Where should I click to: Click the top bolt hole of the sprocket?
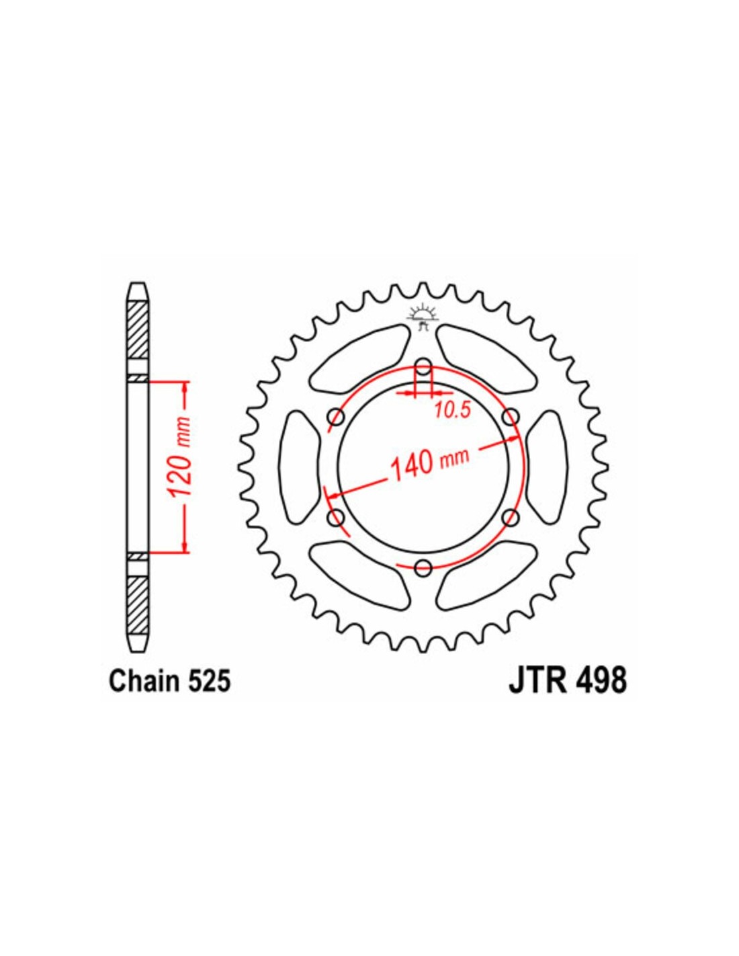tap(423, 364)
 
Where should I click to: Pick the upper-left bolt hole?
tap(336, 415)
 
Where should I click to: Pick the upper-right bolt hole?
tap(510, 415)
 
